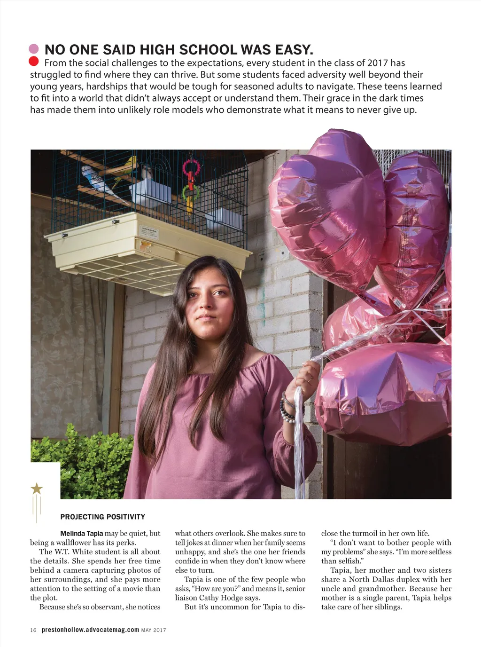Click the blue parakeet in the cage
97,178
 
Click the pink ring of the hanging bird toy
191,168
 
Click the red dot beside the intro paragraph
33,61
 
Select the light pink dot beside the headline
33,48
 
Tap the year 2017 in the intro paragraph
378,63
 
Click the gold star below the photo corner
37,489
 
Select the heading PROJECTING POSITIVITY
102,517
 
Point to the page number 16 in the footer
33,630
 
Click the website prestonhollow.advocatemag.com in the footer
90,630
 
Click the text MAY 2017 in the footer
154,630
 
